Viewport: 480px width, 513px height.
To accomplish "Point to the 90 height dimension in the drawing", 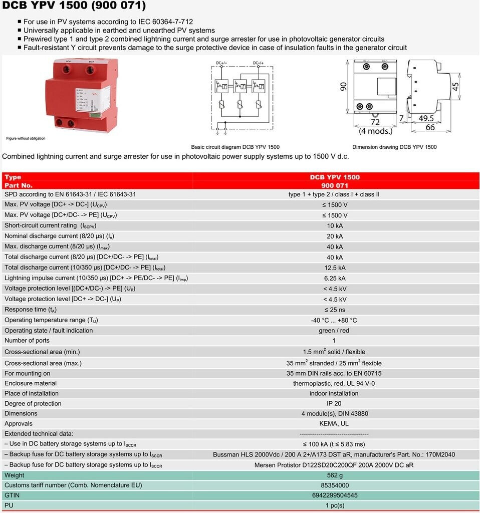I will (x=344, y=86).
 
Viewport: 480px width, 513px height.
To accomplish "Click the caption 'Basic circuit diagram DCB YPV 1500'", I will (x=235, y=147).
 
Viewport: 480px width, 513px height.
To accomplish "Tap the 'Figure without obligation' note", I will (x=26, y=138).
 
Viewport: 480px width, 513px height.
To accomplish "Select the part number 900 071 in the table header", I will (x=334, y=185).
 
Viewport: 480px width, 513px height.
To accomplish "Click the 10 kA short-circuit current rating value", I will (x=334, y=226).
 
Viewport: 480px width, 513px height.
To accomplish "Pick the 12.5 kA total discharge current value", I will (x=334, y=268).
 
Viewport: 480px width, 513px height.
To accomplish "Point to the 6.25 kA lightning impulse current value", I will (x=334, y=278).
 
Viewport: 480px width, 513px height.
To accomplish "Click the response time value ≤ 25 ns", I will (x=334, y=310).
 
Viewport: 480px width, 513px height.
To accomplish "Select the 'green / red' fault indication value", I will (x=334, y=331).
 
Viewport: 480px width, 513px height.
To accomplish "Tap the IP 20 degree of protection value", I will (x=334, y=403).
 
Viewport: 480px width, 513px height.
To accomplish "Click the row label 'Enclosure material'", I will (x=32, y=383).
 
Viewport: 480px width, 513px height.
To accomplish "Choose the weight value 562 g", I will (x=334, y=475).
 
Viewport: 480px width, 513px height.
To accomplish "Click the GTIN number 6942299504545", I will (x=334, y=495).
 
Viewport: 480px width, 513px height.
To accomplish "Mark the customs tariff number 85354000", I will (x=334, y=485).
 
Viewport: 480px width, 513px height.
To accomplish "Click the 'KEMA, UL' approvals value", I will (x=334, y=424).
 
